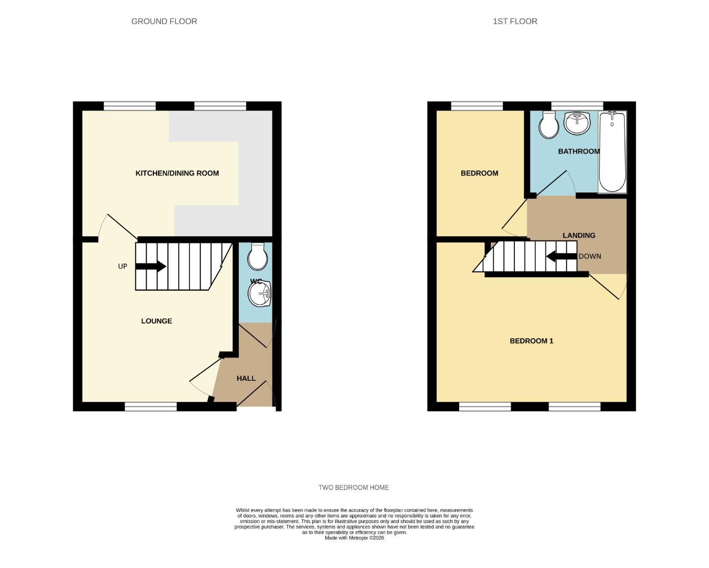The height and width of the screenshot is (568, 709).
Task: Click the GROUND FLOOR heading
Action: [x=164, y=22]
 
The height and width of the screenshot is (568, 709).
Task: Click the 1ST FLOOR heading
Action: [x=515, y=22]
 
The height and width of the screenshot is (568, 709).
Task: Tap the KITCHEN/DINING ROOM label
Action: [x=177, y=173]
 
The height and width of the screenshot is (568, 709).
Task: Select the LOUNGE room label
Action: [x=156, y=321]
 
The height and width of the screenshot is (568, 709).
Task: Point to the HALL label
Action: [x=246, y=378]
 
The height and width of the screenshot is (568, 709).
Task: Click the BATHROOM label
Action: [x=579, y=151]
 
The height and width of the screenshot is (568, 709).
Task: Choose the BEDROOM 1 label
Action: [x=531, y=341]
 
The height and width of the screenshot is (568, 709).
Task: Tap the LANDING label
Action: [x=579, y=235]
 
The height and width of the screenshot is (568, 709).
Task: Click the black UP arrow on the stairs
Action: [x=151, y=267]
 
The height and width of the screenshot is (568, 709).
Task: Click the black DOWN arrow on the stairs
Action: [x=561, y=257]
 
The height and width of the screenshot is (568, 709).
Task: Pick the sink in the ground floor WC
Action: [x=259, y=293]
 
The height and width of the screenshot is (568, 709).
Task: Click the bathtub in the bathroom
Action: [x=612, y=153]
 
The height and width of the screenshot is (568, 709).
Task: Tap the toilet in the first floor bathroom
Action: [x=549, y=125]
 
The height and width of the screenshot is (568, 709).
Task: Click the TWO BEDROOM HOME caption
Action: [x=353, y=488]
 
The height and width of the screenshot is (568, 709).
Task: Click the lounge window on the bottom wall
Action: [x=151, y=407]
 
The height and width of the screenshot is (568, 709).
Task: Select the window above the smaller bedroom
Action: [x=477, y=106]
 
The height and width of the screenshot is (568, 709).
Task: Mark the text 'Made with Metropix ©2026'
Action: [x=354, y=538]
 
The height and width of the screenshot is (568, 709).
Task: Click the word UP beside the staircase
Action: [x=123, y=267]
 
